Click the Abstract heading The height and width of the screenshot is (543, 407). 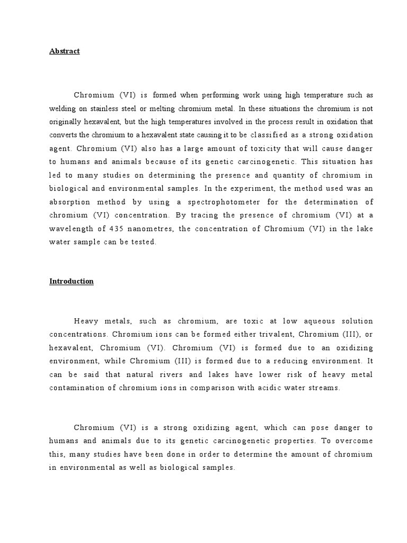(65, 51)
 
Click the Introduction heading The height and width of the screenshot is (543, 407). (72, 282)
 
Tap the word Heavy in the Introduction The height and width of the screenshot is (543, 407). (87, 322)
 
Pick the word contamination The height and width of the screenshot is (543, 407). (81, 387)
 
